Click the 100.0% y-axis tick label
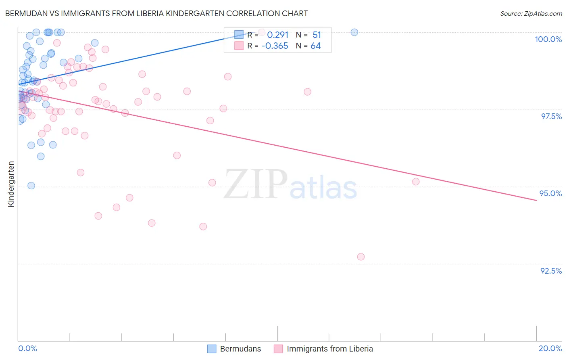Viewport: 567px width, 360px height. (x=548, y=39)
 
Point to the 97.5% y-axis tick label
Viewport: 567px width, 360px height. (x=551, y=116)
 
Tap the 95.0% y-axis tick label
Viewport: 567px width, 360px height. (x=550, y=193)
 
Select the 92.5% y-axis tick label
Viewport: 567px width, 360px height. (x=551, y=271)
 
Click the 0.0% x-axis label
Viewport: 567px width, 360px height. (x=27, y=348)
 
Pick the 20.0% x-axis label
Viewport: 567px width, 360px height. (x=550, y=348)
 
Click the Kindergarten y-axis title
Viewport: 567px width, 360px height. (x=11, y=184)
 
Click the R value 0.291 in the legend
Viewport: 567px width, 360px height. (x=277, y=35)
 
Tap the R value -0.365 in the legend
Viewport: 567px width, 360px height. (x=275, y=46)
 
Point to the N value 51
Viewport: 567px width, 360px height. (x=317, y=35)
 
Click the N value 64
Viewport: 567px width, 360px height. (x=315, y=46)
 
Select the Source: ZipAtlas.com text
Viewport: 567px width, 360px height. (x=531, y=14)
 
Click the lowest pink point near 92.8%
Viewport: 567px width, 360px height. (x=361, y=257)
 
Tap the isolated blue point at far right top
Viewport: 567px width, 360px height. (x=354, y=32)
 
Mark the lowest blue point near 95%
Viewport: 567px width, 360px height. (x=31, y=186)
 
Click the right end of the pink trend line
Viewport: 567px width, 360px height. (x=536, y=200)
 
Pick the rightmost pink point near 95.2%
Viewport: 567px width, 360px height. (x=416, y=182)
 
